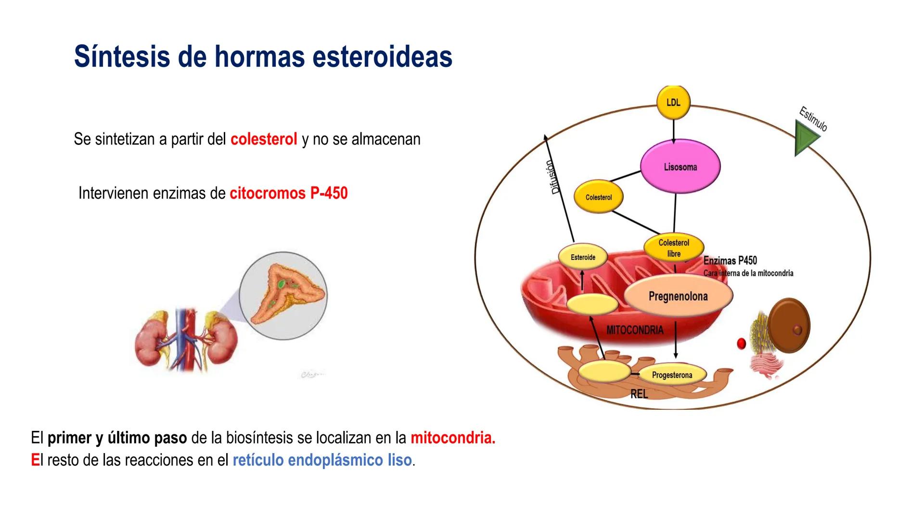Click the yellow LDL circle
[x=673, y=103]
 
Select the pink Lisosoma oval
[x=680, y=167]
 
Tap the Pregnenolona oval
[x=678, y=296]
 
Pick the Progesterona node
[x=672, y=375]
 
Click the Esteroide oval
[x=583, y=257]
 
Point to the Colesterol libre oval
[x=674, y=248]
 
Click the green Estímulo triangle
[x=805, y=138]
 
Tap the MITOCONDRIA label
[x=634, y=330]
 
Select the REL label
[x=639, y=394]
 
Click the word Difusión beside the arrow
[x=555, y=177]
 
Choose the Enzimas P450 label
[x=730, y=260]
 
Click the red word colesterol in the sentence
[x=264, y=139]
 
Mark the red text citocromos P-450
[x=288, y=193]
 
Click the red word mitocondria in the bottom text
[x=452, y=438]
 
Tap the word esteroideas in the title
[x=382, y=56]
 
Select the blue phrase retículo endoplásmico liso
[x=322, y=460]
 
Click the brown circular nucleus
[x=789, y=326]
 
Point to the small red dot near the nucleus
[x=741, y=343]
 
